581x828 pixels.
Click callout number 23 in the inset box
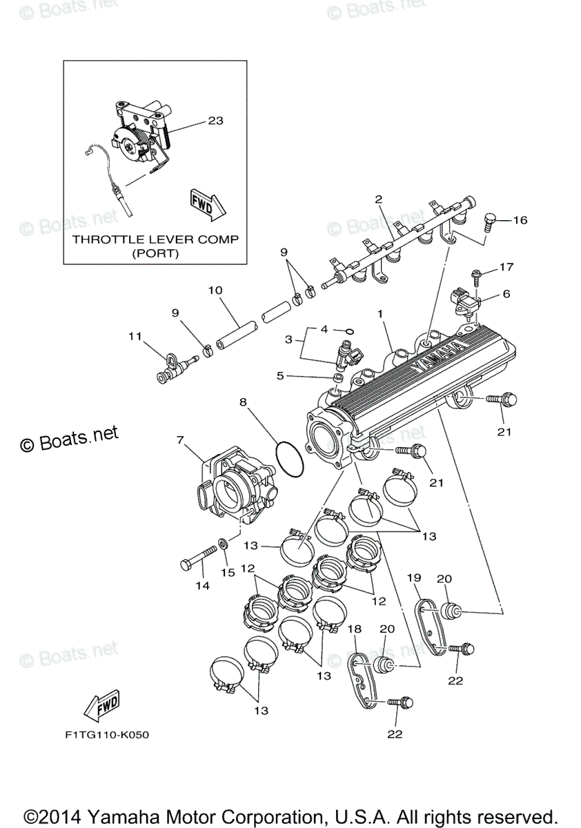215,120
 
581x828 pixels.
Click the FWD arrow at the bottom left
100,704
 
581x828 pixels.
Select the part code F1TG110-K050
103,734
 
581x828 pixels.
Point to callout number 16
520,220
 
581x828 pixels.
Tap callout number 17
507,266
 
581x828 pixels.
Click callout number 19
413,577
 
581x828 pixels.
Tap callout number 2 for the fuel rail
378,199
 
